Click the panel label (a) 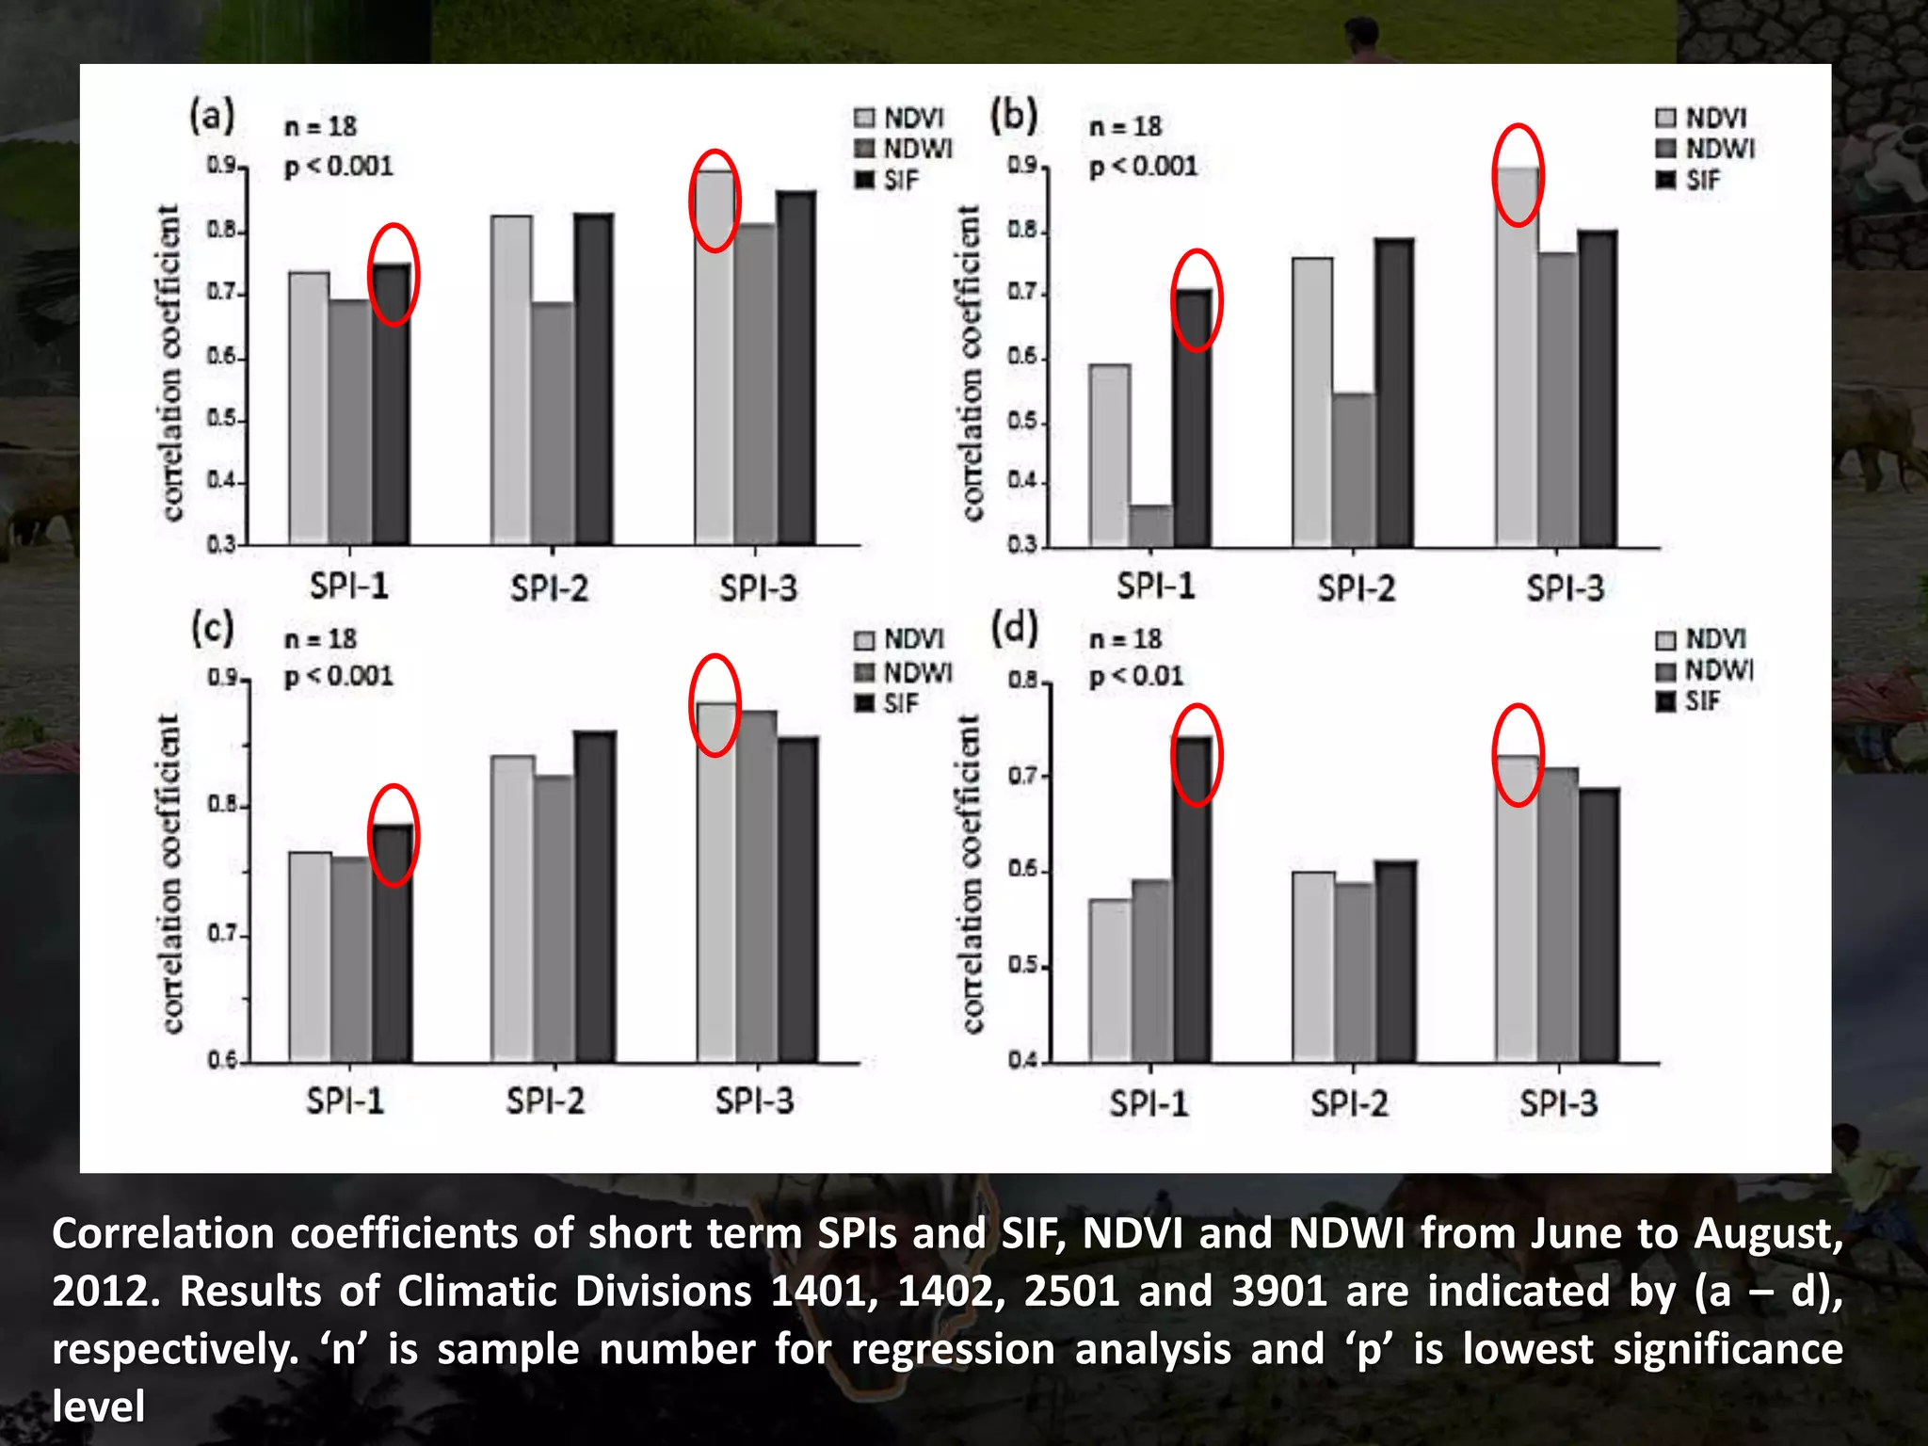212,116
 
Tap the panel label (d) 1014,629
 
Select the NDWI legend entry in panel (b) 1706,149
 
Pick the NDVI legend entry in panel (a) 900,118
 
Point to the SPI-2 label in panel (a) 550,589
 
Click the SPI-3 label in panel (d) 1558,1102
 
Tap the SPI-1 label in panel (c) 345,1101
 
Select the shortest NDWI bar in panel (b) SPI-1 1150,525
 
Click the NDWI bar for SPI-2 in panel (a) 553,424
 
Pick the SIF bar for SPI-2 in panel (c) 595,896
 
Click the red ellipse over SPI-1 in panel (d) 1197,755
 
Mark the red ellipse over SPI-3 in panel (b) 1518,175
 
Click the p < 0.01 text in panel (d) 1135,676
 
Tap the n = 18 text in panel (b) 1125,126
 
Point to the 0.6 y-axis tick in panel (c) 224,1061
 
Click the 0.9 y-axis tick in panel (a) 222,166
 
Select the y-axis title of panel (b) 971,362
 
